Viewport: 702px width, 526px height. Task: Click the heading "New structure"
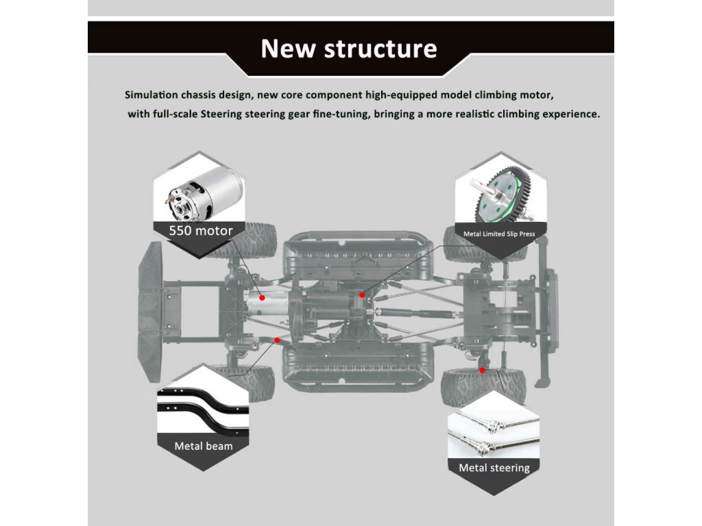tap(349, 49)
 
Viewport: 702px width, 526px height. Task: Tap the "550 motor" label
tap(201, 230)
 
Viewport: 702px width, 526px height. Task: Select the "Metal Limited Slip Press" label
tap(499, 234)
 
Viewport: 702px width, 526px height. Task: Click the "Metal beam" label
tap(203, 446)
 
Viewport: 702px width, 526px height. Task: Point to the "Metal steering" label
tap(494, 468)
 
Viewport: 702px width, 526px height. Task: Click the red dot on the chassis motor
tap(261, 298)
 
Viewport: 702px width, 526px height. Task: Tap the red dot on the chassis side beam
tap(277, 340)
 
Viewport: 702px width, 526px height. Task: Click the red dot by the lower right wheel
tap(483, 370)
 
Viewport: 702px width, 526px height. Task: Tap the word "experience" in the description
tap(566, 114)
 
